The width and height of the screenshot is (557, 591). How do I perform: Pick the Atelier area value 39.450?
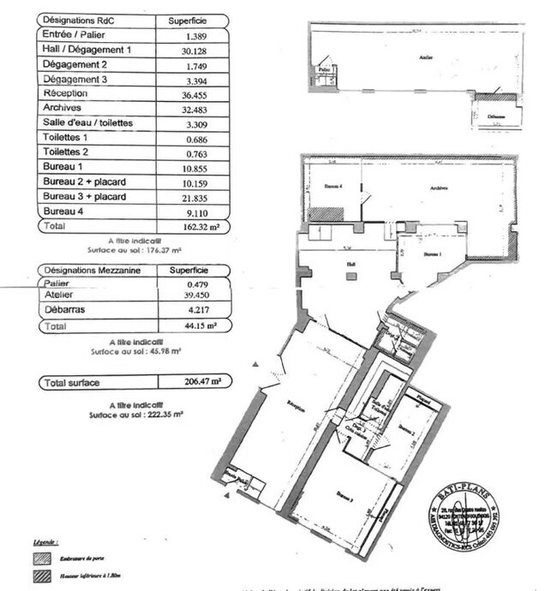click(197, 296)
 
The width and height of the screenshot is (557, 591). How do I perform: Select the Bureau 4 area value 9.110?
click(197, 211)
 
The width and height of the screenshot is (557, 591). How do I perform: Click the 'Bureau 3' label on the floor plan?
click(345, 495)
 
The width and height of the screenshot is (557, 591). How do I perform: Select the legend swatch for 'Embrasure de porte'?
click(41, 559)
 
